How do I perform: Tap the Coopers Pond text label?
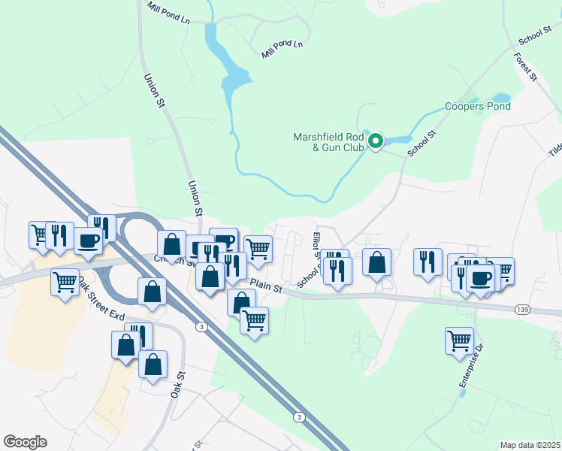(x=478, y=106)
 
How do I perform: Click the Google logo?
(x=25, y=442)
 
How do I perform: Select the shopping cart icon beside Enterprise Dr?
(x=459, y=340)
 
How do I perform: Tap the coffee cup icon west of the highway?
(x=88, y=241)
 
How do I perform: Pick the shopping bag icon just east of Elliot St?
(x=377, y=262)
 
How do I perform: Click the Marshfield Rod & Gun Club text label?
(x=328, y=142)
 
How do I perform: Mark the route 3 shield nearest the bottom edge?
(x=299, y=416)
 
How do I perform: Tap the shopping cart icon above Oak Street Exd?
(x=65, y=283)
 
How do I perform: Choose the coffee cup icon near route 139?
(x=481, y=277)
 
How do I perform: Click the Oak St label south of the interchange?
(x=178, y=384)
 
